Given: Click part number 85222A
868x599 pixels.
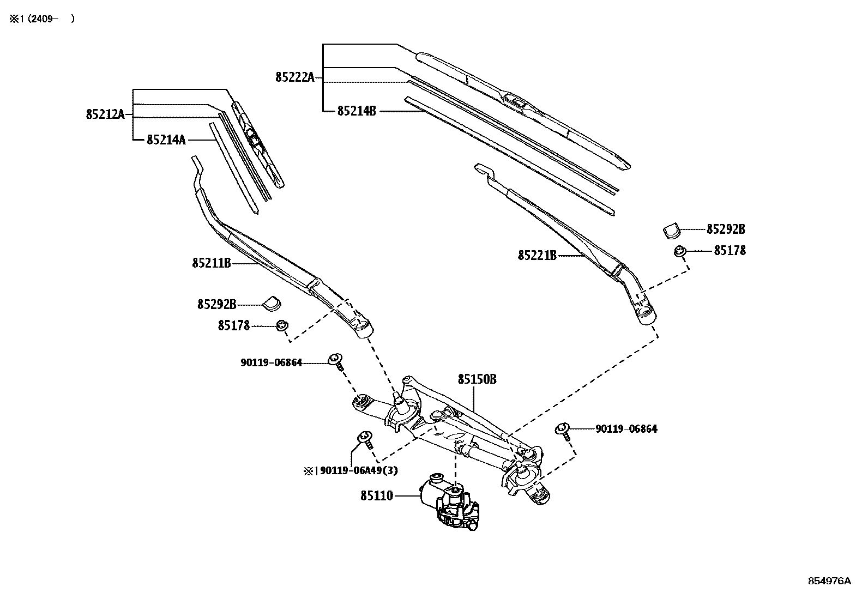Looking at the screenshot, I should coord(294,77).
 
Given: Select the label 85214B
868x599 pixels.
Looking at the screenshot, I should coord(357,111).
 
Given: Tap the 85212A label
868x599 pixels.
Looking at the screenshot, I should coord(105,114).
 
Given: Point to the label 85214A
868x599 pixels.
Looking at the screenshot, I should coord(166,140).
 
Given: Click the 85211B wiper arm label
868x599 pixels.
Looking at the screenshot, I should coord(211,263).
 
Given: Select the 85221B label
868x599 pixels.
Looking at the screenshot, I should coord(537,255).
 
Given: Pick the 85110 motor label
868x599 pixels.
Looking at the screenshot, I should coord(376,496).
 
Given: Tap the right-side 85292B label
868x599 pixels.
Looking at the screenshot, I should coord(725,229).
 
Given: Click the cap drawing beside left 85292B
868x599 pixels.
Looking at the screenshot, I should coord(272,302).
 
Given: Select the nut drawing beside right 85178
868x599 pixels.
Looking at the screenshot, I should coord(679,251).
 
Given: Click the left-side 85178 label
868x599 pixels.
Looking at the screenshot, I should coord(233,325).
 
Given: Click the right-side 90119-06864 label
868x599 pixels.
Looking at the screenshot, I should coord(626,429).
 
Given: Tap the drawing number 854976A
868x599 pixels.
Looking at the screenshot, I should coord(829,581).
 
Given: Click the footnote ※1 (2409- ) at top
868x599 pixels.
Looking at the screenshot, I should coord(41,19).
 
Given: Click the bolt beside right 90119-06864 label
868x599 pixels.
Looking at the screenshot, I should coord(563,429).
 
